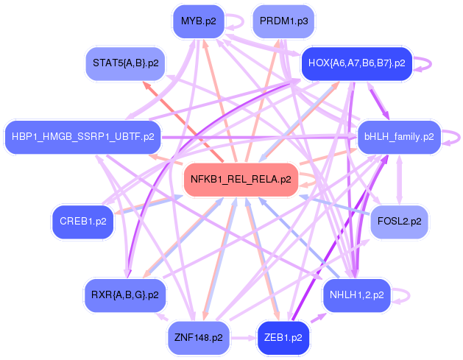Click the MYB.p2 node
click(x=198, y=21)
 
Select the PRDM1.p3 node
click(x=284, y=21)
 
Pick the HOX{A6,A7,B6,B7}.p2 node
click(x=357, y=63)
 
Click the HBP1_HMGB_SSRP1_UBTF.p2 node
click(x=83, y=137)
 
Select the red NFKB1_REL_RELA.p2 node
click(x=241, y=179)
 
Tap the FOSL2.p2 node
click(x=399, y=221)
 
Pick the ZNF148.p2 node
click(x=199, y=338)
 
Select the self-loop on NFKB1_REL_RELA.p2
click(x=311, y=179)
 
